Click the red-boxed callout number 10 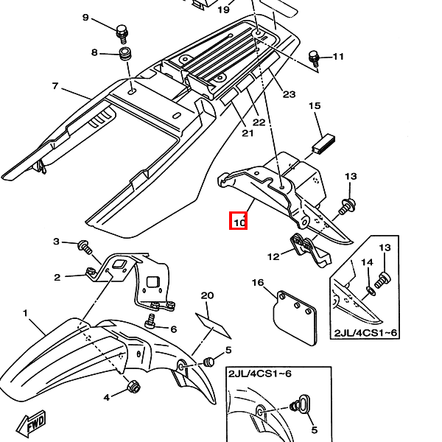tap(238, 220)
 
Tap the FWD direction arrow tap(35, 424)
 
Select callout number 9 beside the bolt tap(85, 17)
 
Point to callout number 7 tap(55, 86)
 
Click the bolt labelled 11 tap(315, 56)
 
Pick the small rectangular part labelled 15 tap(324, 143)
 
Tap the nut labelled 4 tap(134, 386)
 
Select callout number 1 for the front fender tap(25, 313)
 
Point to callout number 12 tap(273, 257)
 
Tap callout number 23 tap(289, 94)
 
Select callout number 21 tap(247, 133)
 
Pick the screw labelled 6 tap(151, 320)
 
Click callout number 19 tap(224, 10)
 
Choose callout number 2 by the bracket tap(57, 277)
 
